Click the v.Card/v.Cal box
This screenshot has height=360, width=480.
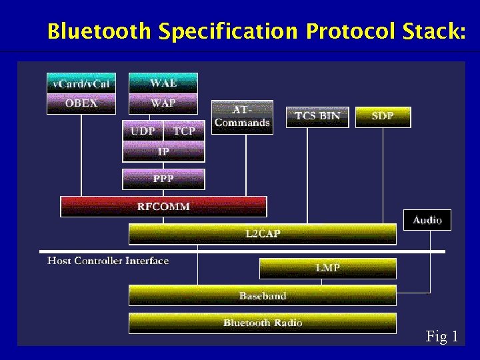click(x=81, y=83)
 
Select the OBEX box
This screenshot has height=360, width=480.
click(x=81, y=103)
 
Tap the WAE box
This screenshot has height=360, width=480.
click(x=163, y=83)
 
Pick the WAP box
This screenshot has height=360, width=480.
click(x=163, y=103)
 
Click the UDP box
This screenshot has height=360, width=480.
click(x=143, y=131)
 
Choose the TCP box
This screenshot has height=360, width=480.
click(x=184, y=131)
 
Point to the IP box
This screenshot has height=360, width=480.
click(x=163, y=152)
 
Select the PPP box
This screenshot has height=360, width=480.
click(x=163, y=179)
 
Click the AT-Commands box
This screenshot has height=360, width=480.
click(x=242, y=117)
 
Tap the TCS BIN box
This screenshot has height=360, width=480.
click(x=317, y=117)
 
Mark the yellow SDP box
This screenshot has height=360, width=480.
click(x=383, y=117)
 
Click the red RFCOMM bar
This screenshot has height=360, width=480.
click(x=163, y=207)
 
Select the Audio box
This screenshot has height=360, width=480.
click(x=427, y=220)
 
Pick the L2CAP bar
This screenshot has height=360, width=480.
click(x=262, y=234)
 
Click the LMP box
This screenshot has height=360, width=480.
click(x=327, y=268)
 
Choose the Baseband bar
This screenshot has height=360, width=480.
click(x=262, y=295)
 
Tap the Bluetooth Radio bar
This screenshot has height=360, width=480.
click(x=262, y=323)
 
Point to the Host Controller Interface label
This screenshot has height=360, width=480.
click(x=108, y=261)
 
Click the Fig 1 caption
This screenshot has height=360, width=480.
click(x=442, y=337)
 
